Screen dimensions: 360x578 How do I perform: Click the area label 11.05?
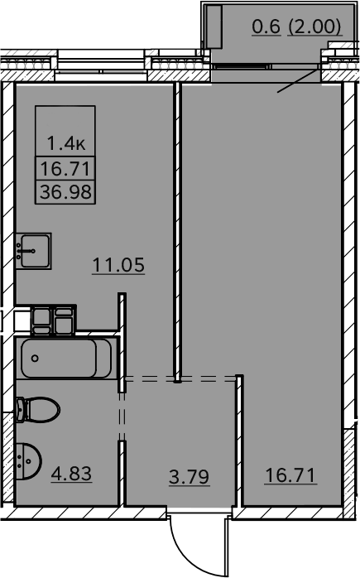(x=118, y=266)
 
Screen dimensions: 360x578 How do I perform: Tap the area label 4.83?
(x=71, y=474)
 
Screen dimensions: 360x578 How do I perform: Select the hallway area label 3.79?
(x=189, y=477)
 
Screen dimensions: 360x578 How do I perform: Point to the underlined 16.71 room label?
(x=290, y=475)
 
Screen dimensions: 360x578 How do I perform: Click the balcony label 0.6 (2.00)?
(x=297, y=26)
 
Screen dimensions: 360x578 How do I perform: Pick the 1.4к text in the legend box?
(x=66, y=143)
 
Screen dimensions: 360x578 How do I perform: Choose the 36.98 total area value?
(x=65, y=192)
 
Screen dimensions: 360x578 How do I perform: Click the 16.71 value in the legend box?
(x=65, y=169)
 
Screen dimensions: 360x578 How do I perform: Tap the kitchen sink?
(x=33, y=251)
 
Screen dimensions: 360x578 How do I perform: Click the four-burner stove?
(x=54, y=320)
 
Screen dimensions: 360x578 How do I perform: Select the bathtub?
(x=66, y=359)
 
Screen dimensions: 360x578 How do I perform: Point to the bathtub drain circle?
(x=35, y=358)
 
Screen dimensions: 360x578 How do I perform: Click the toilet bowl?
(x=38, y=409)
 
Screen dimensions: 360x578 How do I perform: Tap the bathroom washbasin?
(x=29, y=460)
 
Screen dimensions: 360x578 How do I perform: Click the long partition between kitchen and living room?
(x=177, y=232)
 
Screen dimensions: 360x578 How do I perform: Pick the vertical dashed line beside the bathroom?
(x=122, y=417)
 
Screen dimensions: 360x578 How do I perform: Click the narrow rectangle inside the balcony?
(x=214, y=26)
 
